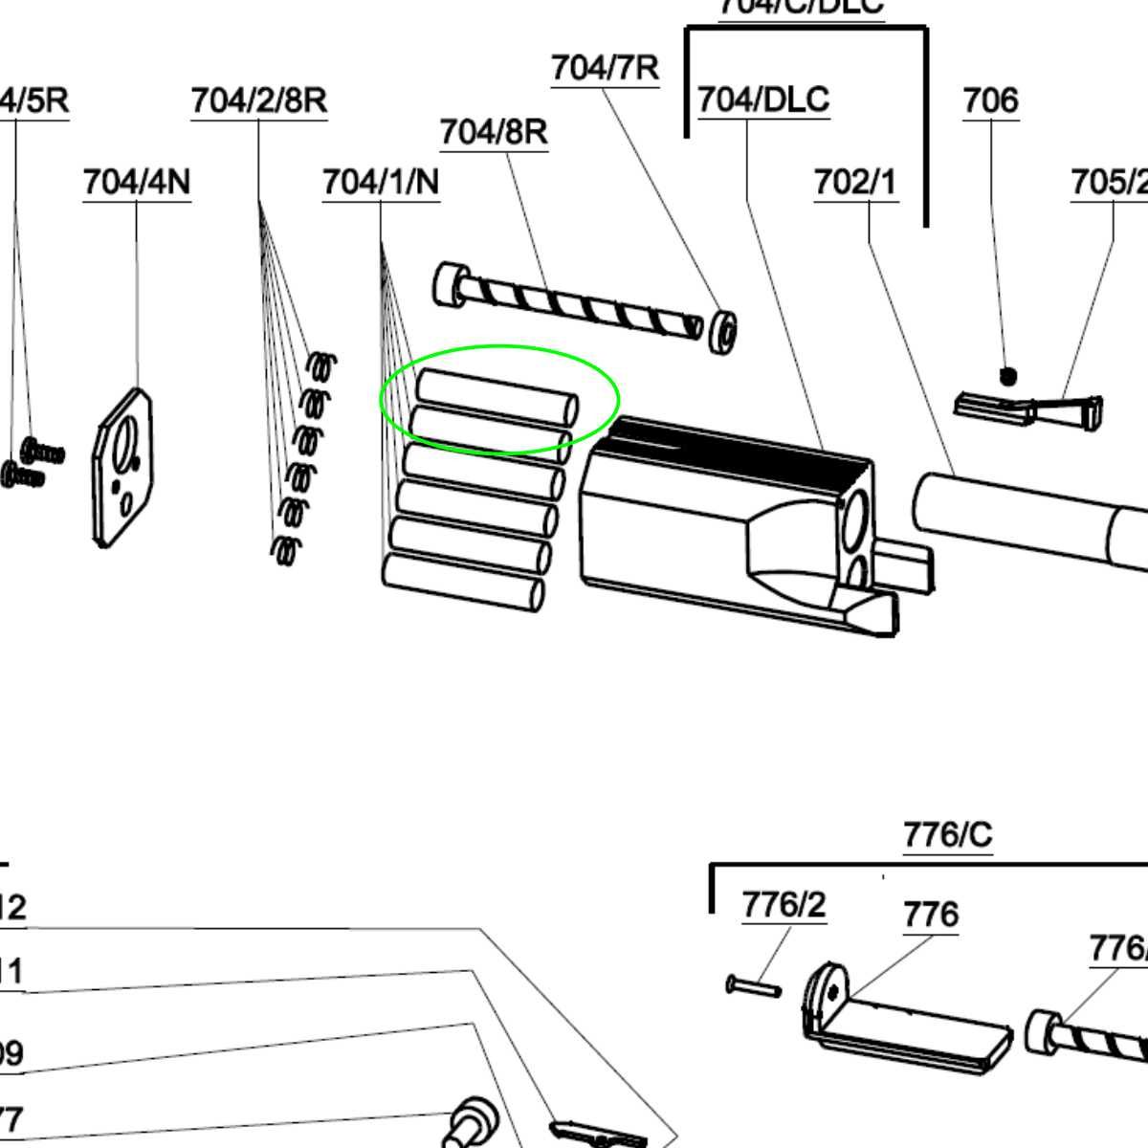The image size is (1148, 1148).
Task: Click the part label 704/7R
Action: (605, 69)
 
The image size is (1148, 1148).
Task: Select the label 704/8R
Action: (494, 132)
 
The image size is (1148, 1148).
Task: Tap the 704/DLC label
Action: (762, 100)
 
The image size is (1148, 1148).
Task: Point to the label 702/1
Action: (855, 182)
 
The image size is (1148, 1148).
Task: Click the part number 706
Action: (990, 100)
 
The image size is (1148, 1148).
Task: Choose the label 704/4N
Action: (137, 182)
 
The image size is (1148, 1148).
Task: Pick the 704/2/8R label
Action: (258, 100)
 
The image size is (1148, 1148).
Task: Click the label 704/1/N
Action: (381, 182)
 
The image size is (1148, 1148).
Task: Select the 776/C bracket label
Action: (948, 835)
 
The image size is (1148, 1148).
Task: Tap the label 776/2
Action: (784, 904)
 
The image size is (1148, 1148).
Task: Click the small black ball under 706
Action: (1007, 376)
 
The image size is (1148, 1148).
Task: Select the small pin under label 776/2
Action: (753, 985)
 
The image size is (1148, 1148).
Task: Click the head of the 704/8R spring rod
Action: (449, 285)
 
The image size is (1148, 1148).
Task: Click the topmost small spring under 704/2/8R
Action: (323, 366)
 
